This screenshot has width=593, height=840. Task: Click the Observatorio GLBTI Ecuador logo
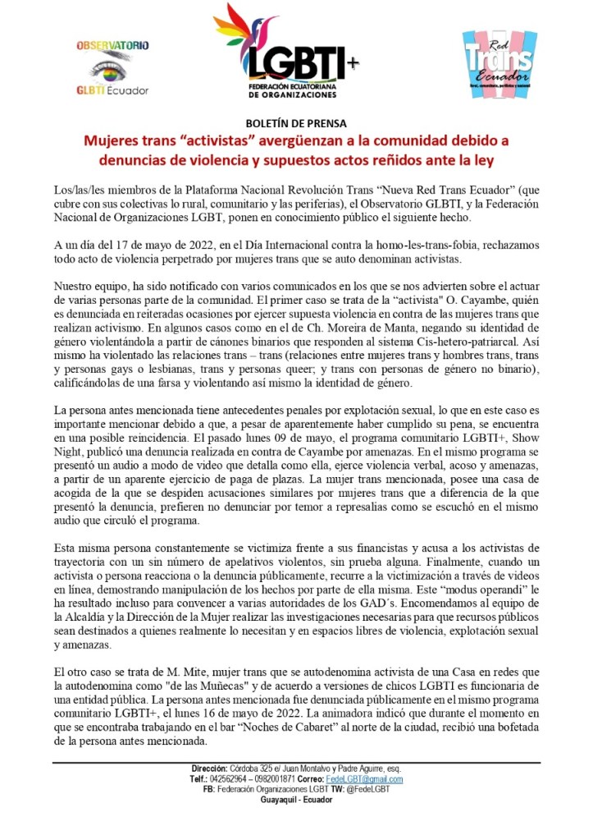pos(112,67)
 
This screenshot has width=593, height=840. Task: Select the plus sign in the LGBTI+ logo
pos(354,63)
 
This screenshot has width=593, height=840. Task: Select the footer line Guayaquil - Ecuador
pos(296,800)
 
